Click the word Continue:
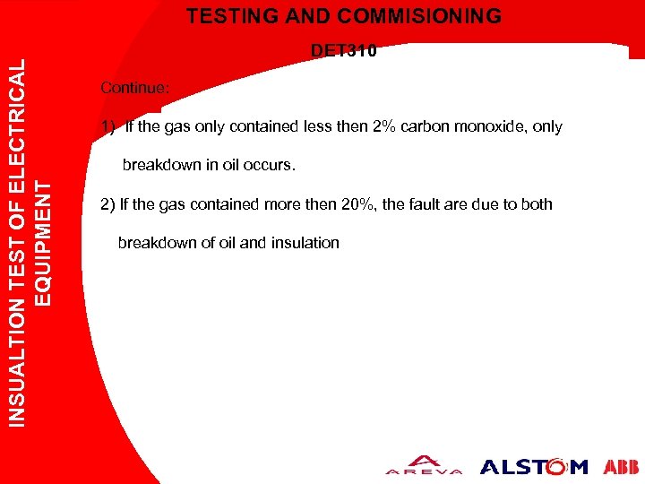(134, 88)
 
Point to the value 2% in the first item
(384, 126)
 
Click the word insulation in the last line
(308, 242)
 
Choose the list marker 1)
(108, 126)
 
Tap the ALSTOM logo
(534, 466)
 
